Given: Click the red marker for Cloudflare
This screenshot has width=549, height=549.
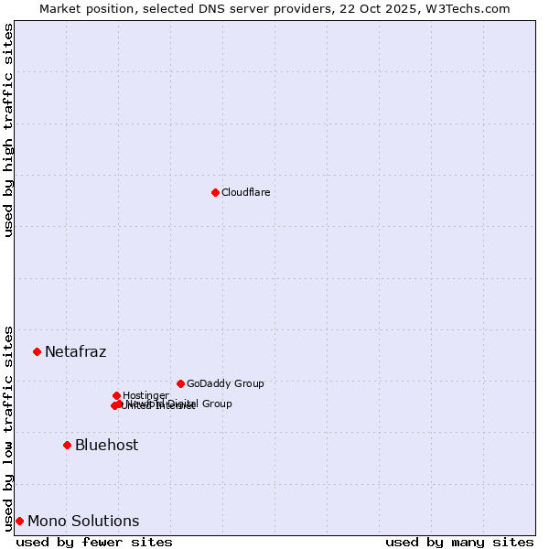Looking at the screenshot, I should tap(215, 192).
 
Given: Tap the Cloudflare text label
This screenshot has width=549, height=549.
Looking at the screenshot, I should tap(245, 192).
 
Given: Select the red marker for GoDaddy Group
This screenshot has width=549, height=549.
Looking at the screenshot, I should tap(180, 383).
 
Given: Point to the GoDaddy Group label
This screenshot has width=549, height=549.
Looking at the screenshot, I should tap(225, 383).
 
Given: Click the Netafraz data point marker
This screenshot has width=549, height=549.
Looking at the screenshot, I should tap(37, 351).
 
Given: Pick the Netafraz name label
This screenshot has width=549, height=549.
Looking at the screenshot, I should tap(76, 351).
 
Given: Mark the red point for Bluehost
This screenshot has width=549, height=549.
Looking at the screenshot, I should tap(67, 445).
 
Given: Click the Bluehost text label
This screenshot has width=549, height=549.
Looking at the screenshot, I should tap(107, 445).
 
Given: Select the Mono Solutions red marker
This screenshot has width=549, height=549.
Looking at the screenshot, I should tap(19, 521).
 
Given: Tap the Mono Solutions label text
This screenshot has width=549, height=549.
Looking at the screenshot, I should tap(83, 521).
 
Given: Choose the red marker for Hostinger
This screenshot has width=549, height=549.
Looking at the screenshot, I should tap(116, 395).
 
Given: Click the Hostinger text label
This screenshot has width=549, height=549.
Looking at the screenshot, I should tap(145, 395).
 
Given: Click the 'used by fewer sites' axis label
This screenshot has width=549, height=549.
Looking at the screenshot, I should tap(94, 542).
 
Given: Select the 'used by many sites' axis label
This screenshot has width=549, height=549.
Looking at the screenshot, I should tap(459, 542).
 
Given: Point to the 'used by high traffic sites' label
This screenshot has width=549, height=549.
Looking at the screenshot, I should tap(8, 130).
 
